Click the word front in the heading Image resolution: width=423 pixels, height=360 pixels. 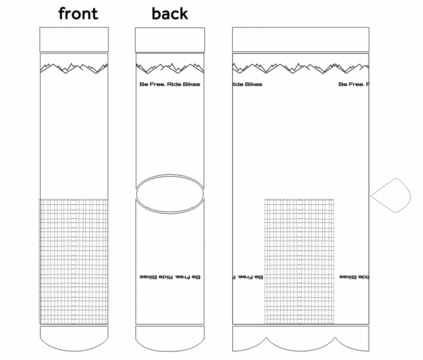(x=78, y=13)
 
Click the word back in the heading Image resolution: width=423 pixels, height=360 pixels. (x=169, y=13)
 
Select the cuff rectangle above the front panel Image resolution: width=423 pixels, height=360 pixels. (x=74, y=39)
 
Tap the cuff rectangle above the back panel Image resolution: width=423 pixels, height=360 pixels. (x=170, y=40)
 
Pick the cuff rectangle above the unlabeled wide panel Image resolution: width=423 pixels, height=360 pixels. (x=300, y=39)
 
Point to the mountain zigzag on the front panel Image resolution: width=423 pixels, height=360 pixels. (x=74, y=68)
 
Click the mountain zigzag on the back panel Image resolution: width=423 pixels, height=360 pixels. (x=170, y=68)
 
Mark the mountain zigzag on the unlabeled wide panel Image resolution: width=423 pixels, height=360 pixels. (x=300, y=68)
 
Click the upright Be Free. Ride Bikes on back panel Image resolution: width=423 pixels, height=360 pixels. (x=170, y=84)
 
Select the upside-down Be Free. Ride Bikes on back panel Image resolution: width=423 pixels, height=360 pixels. (x=170, y=277)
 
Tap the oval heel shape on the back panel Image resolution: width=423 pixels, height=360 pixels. (x=170, y=194)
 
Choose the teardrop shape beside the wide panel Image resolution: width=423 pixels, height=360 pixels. (x=392, y=195)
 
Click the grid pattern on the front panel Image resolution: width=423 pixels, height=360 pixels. (x=74, y=261)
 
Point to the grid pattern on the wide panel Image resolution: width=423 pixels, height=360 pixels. (x=299, y=261)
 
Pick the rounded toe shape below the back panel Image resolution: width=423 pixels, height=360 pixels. (x=170, y=338)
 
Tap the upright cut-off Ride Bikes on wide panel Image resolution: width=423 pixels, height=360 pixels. (x=247, y=84)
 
